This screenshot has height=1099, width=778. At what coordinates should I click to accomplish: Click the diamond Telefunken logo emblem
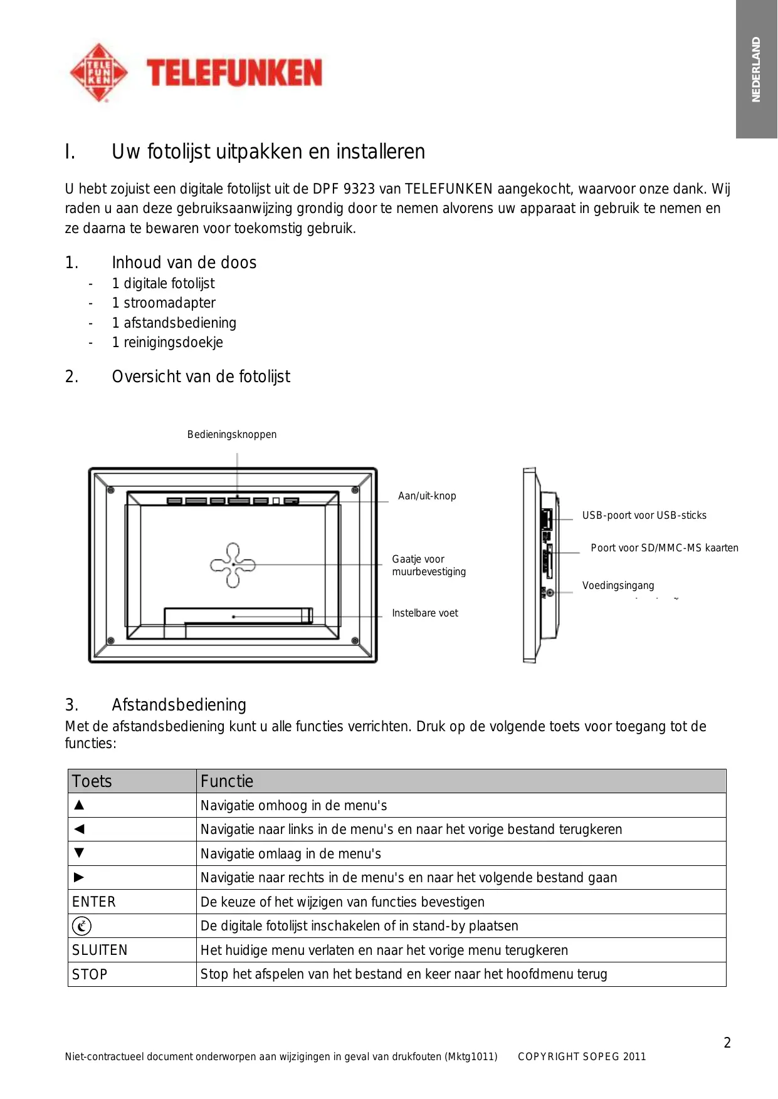pyautogui.click(x=98, y=73)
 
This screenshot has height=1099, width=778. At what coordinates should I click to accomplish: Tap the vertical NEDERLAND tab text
pyautogui.click(x=756, y=70)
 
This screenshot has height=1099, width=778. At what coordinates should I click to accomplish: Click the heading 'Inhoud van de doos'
pyautogui.click(x=184, y=263)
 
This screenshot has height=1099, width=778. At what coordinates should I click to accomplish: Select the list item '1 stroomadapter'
pyautogui.click(x=163, y=303)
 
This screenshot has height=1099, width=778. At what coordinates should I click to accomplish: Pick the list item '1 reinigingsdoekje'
pyautogui.click(x=167, y=343)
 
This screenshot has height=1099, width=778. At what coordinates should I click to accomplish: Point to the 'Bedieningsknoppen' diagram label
pyautogui.click(x=232, y=435)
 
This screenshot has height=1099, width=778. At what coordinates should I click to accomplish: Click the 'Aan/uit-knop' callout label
pyautogui.click(x=427, y=496)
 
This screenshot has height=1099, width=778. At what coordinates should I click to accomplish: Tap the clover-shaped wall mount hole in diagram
pyautogui.click(x=233, y=565)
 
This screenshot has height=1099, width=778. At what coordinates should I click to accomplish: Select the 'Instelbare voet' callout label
pyautogui.click(x=425, y=613)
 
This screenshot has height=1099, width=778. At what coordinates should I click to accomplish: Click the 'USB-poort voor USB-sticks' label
pyautogui.click(x=644, y=516)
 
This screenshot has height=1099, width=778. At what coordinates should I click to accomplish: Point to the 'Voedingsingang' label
pyautogui.click(x=618, y=586)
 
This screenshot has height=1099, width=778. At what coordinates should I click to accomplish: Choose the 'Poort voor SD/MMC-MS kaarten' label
pyautogui.click(x=665, y=548)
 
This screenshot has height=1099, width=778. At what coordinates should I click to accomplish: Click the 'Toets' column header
pyautogui.click(x=92, y=781)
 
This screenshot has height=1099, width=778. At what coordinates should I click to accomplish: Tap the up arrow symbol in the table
pyautogui.click(x=79, y=805)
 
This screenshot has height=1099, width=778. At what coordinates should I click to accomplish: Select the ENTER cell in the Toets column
pyautogui.click(x=94, y=902)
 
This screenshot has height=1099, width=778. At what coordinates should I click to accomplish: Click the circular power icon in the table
pyautogui.click(x=81, y=926)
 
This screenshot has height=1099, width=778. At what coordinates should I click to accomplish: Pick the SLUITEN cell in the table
pyautogui.click(x=100, y=951)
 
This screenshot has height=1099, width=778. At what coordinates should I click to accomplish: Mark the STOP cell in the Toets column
pyautogui.click(x=90, y=975)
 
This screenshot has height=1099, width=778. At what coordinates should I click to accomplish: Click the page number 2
pyautogui.click(x=727, y=1043)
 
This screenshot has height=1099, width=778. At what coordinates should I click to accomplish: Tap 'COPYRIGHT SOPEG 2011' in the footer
pyautogui.click(x=582, y=1057)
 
